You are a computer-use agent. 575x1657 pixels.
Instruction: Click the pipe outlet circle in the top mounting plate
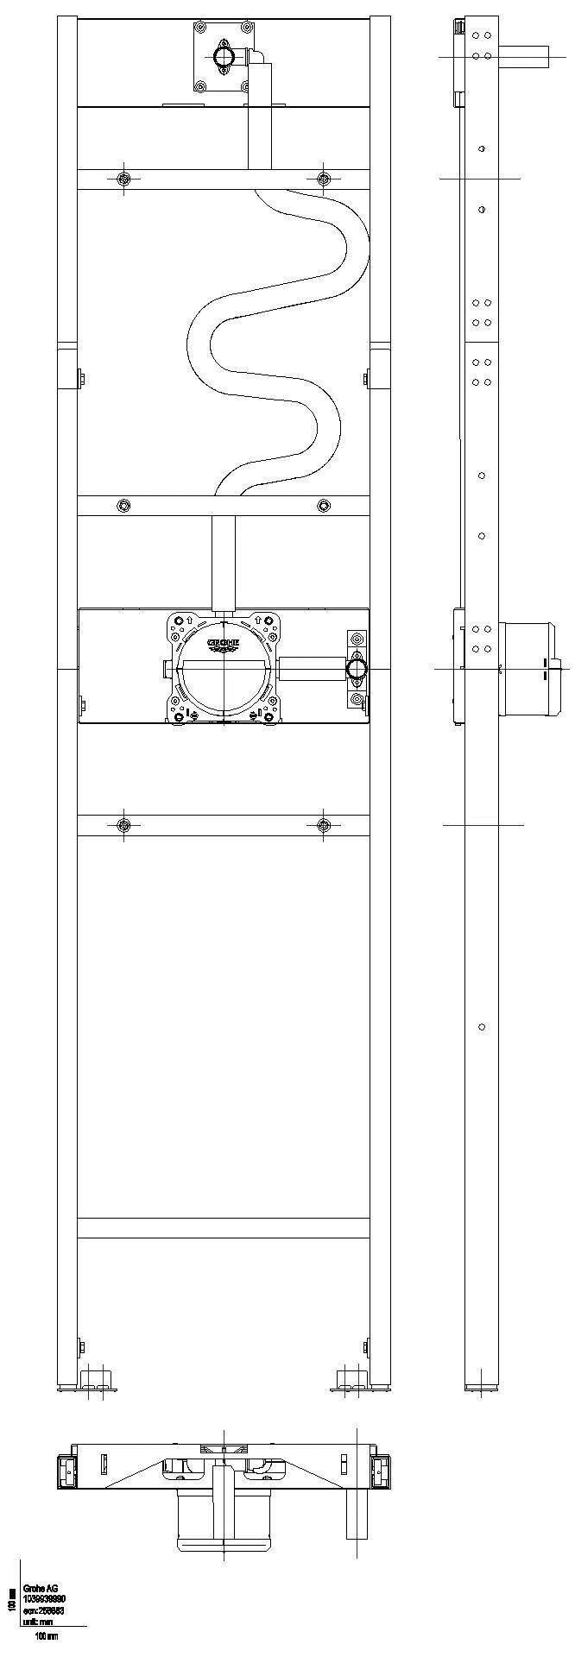point(224,56)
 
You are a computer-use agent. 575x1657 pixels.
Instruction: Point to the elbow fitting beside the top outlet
point(256,59)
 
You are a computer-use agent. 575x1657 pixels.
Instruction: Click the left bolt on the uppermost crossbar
point(123,179)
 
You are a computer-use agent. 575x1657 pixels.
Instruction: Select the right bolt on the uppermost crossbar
point(323,179)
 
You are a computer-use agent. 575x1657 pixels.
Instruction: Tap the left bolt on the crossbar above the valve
point(123,505)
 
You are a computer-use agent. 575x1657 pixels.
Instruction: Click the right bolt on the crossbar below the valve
point(323,826)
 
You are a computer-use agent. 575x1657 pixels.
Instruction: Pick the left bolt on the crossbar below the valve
point(123,826)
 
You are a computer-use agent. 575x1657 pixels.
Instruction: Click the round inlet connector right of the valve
point(356,668)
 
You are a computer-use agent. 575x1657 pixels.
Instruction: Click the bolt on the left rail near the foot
point(80,1346)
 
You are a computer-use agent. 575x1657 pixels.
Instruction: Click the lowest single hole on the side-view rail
point(482,1027)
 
